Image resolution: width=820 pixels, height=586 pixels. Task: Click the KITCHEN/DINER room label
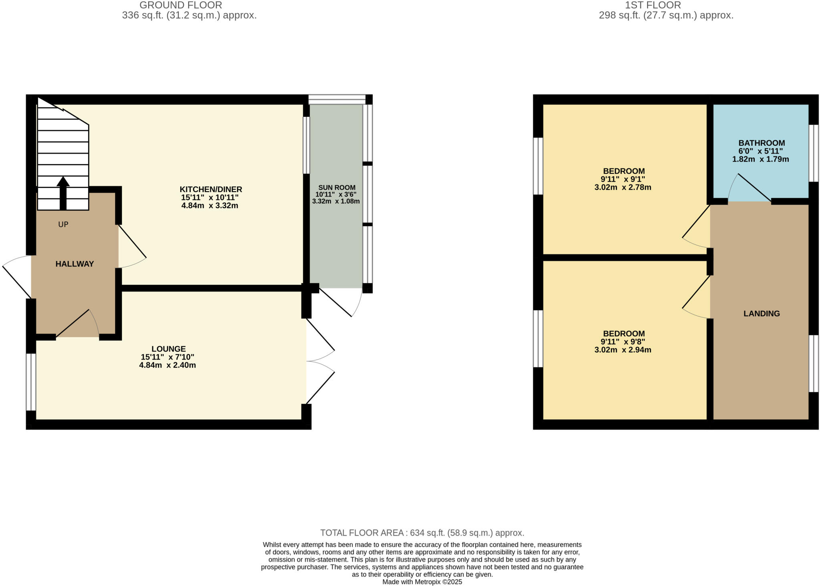pyautogui.click(x=211, y=190)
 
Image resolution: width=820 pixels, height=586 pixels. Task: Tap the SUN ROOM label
pyautogui.click(x=337, y=188)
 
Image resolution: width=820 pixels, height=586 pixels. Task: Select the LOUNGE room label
pyautogui.click(x=169, y=349)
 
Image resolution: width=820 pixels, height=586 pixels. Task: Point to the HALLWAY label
pyautogui.click(x=74, y=264)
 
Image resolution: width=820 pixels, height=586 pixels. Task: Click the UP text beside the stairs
pyautogui.click(x=63, y=224)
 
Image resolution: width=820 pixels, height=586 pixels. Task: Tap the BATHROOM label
pyautogui.click(x=762, y=143)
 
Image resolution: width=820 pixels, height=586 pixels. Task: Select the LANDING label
pyautogui.click(x=762, y=314)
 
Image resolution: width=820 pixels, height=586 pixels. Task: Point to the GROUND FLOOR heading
pyautogui.click(x=181, y=5)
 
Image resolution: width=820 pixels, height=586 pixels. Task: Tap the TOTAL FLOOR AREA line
pyautogui.click(x=422, y=533)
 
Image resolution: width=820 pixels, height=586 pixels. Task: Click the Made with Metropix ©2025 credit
pyautogui.click(x=422, y=582)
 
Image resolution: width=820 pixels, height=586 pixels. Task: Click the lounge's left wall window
pyautogui.click(x=31, y=382)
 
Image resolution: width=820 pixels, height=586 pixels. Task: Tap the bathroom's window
pyautogui.click(x=814, y=153)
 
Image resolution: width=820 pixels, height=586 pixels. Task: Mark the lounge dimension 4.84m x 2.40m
pyautogui.click(x=167, y=365)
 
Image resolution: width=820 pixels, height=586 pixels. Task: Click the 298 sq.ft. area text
pyautogui.click(x=666, y=16)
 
